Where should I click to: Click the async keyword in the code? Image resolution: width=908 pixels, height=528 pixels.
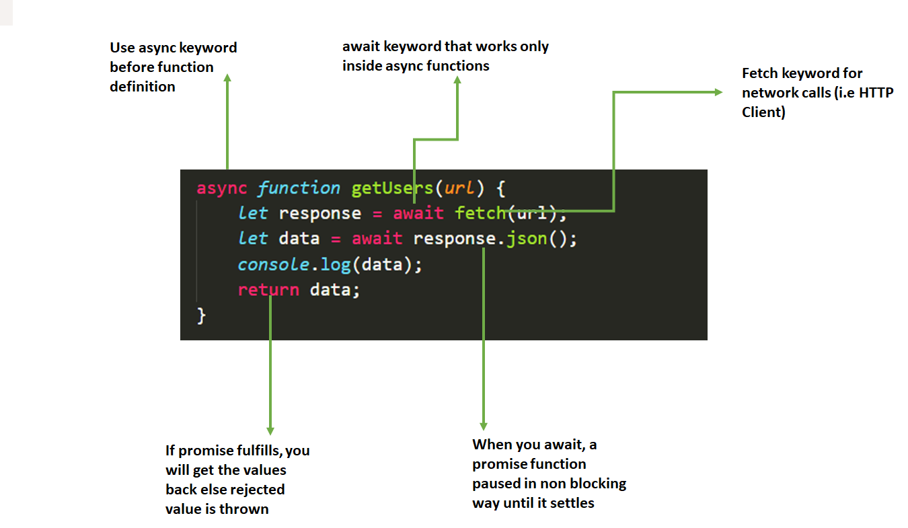pos(221,188)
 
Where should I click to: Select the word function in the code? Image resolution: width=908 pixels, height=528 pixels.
pos(299,188)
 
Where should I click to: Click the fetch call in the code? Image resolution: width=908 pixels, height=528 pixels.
pos(480,214)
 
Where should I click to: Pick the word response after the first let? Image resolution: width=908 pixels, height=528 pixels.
pos(319,214)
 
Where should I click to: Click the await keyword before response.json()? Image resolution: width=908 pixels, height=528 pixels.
pos(377,239)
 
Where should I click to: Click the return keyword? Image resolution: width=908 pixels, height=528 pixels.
pos(268,290)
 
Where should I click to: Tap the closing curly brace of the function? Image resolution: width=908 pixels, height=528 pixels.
pos(200,315)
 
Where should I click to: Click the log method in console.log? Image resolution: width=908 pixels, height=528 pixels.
pos(335,264)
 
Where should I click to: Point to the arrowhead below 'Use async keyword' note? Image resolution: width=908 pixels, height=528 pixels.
pos(227,79)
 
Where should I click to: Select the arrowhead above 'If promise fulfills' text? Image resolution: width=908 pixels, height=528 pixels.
pos(270,430)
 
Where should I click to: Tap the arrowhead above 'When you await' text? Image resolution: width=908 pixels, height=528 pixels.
pos(483,426)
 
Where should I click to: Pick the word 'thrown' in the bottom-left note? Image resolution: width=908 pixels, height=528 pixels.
pos(243,509)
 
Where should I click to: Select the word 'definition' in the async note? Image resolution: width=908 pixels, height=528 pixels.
pos(143,87)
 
